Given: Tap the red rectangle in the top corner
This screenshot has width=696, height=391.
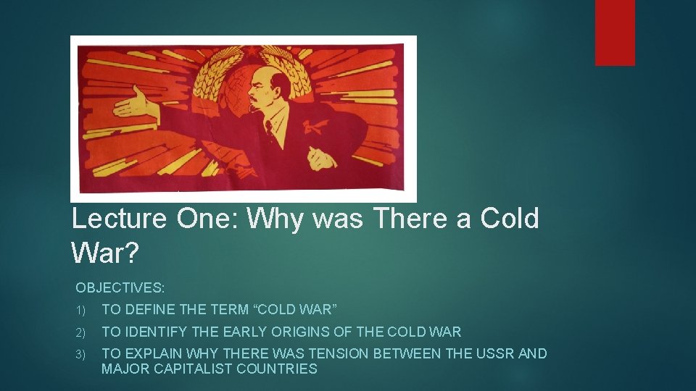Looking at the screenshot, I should (x=615, y=32).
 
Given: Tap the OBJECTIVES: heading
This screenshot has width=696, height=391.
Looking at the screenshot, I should (x=120, y=288).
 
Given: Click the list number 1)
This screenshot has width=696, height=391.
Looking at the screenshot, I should (x=81, y=311).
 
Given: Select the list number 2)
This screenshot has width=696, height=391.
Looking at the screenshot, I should (x=81, y=332).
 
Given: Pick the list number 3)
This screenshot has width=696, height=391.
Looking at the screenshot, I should (x=81, y=354).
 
